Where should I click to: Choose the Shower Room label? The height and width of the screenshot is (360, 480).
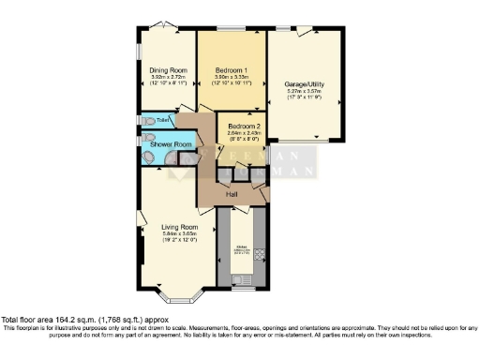(170, 144)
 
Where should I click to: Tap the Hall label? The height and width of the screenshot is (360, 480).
(232, 193)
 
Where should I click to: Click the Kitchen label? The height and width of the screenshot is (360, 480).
(241, 251)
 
